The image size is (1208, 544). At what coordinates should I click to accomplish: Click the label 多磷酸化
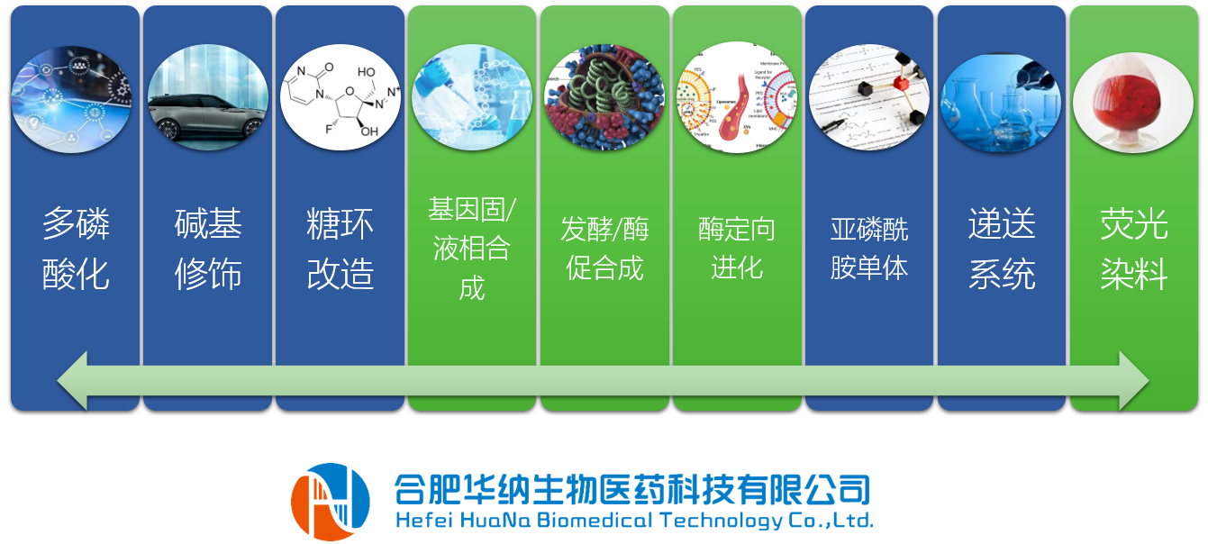(76, 249)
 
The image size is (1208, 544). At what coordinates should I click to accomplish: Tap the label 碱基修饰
(207, 249)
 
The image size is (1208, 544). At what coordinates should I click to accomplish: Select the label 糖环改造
(340, 249)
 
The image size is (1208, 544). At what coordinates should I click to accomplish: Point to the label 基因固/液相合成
(472, 249)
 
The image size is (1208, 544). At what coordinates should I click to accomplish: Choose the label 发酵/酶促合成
(604, 249)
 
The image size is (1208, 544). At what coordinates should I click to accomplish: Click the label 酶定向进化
(737, 249)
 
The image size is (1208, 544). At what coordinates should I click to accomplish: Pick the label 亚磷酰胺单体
(868, 249)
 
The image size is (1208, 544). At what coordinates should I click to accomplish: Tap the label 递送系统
(1002, 249)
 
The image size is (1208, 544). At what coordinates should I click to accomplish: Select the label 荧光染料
(1133, 249)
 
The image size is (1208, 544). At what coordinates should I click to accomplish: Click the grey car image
(207, 97)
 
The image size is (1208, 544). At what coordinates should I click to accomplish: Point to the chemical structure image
(340, 97)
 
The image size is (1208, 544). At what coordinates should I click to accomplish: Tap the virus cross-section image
(604, 97)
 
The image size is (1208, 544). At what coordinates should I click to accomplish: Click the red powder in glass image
(1133, 102)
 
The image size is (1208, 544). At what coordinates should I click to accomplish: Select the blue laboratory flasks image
(1002, 102)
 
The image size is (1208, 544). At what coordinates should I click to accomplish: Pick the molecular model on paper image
(868, 97)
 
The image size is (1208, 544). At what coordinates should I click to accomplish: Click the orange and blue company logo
(330, 502)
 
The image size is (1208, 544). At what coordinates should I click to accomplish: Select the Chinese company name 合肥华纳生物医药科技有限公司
(632, 489)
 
